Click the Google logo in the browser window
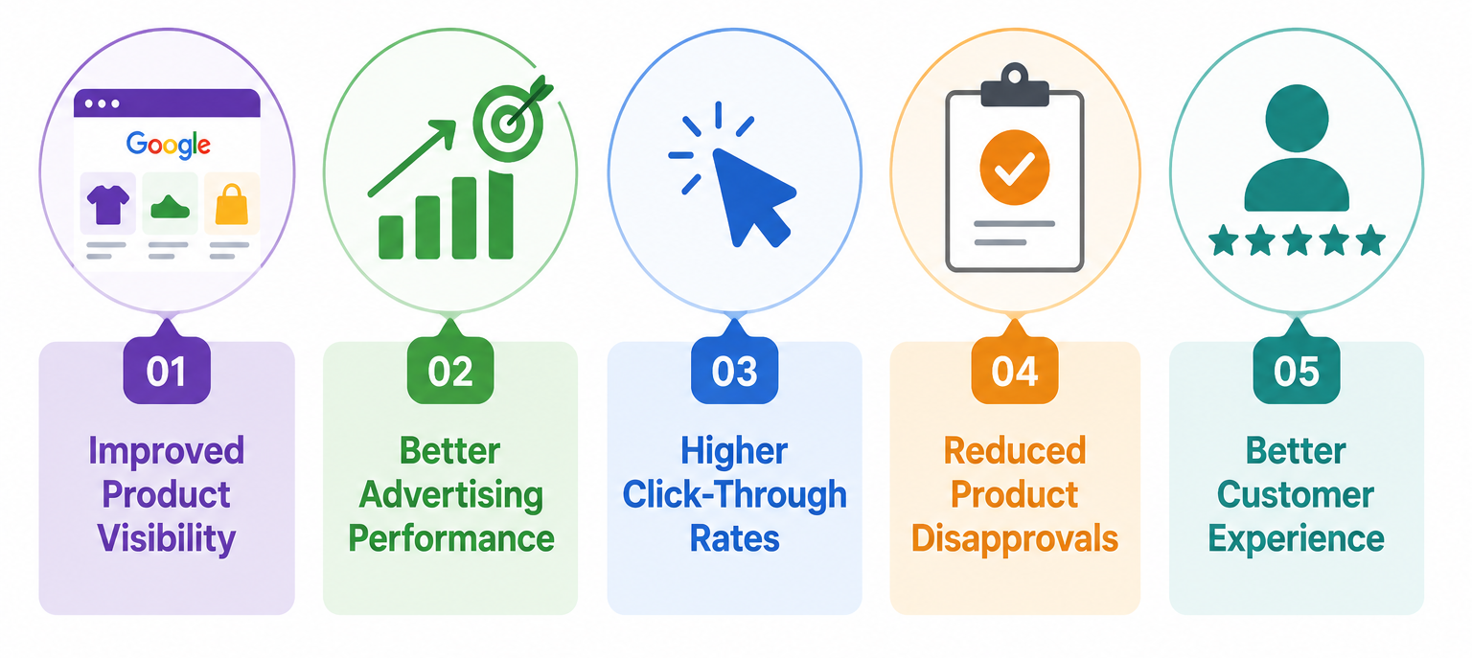click(169, 145)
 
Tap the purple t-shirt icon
click(107, 204)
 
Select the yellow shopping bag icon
click(232, 204)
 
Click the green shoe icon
click(171, 207)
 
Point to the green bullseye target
click(508, 123)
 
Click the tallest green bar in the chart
click(501, 215)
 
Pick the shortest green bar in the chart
click(391, 238)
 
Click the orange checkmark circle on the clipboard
click(1014, 168)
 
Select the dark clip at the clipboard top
click(1015, 86)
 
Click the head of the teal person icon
click(1297, 119)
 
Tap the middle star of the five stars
click(1298, 239)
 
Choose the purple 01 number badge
click(167, 371)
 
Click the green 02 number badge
click(450, 371)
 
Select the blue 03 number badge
click(735, 371)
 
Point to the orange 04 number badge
click(1015, 371)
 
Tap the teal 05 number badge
click(1297, 371)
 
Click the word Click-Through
click(735, 494)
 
